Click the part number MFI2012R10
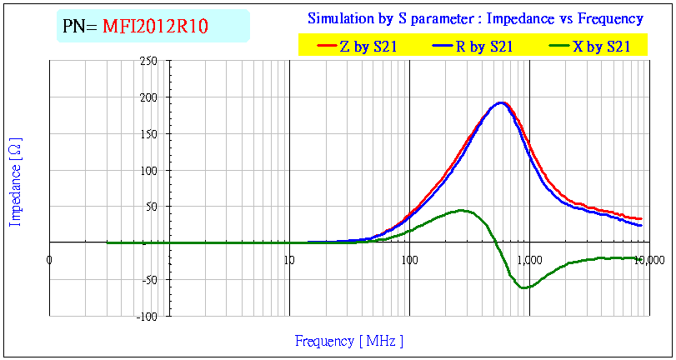pyautogui.click(x=155, y=27)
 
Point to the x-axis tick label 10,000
pyautogui.click(x=649, y=260)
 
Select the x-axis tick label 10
pyautogui.click(x=289, y=260)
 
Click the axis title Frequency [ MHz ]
pyautogui.click(x=349, y=341)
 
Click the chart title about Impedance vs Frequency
pyautogui.click(x=475, y=18)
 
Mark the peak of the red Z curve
pyautogui.click(x=502, y=102)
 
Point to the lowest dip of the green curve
pyautogui.click(x=524, y=287)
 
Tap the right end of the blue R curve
pyautogui.click(x=641, y=225)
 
